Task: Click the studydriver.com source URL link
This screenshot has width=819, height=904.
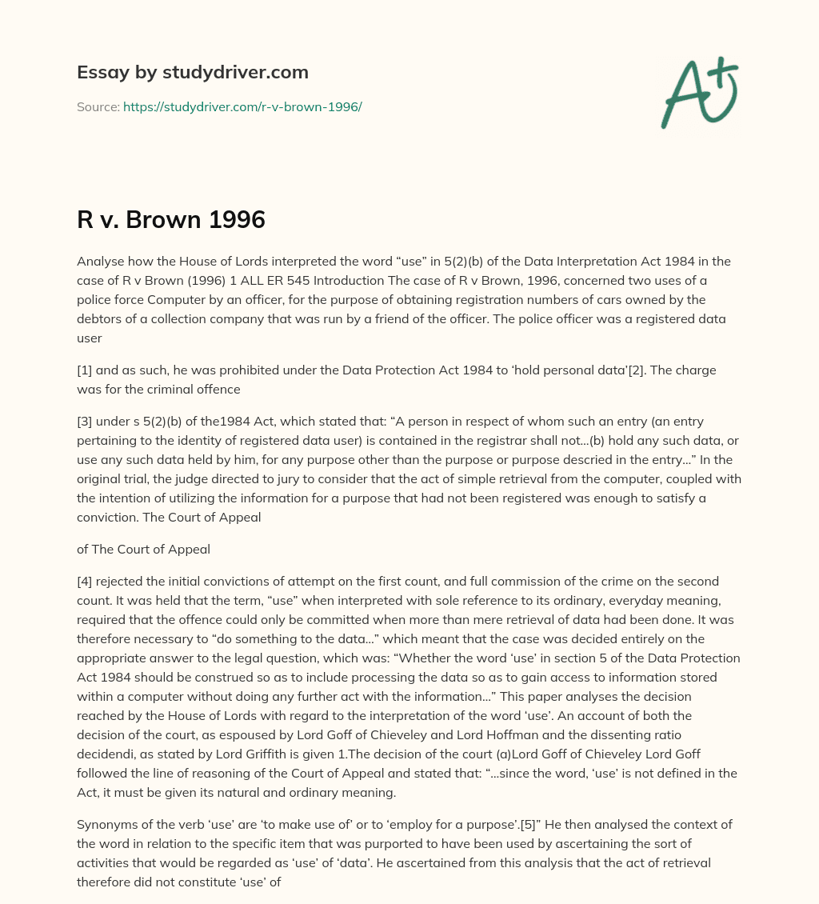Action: pyautogui.click(x=242, y=106)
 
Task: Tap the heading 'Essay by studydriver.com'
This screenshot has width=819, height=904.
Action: pyautogui.click(x=193, y=72)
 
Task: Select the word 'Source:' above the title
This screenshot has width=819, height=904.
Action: pyautogui.click(x=98, y=106)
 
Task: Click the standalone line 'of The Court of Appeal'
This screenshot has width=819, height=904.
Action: pyautogui.click(x=143, y=549)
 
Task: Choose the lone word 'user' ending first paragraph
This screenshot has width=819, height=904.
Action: pyautogui.click(x=90, y=338)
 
